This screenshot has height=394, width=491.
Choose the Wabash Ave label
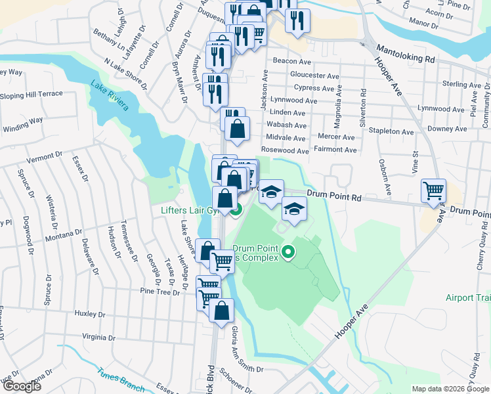pos(288,124)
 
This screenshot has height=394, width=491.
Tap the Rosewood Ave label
pos(285,150)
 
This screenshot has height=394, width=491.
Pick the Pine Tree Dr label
pos(160,290)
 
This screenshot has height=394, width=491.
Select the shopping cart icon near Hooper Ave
pos(433,191)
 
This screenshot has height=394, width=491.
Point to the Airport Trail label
pos(468,297)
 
